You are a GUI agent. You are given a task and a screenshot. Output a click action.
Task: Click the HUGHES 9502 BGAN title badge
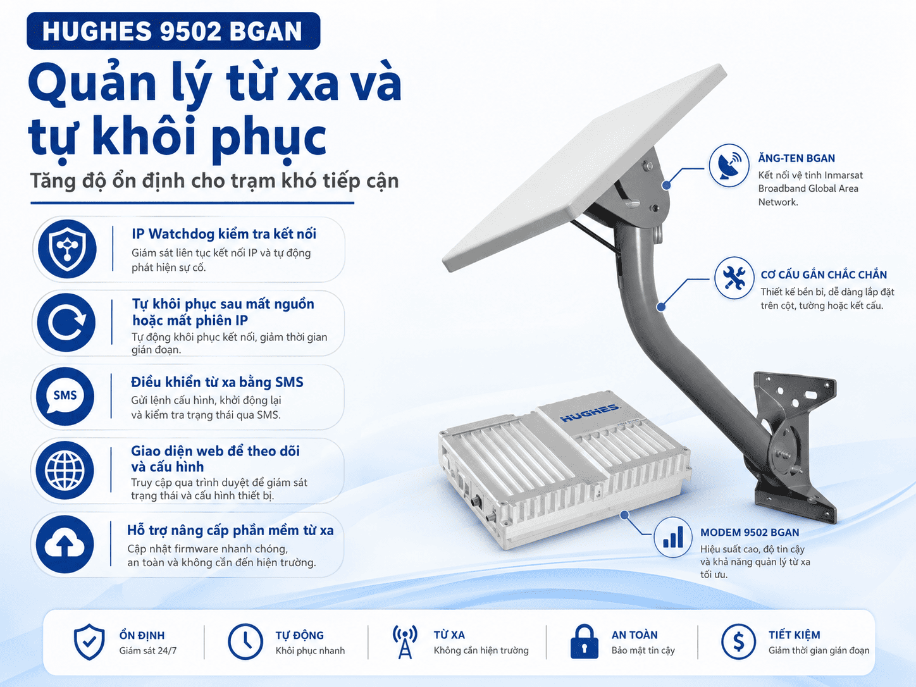tap(173, 31)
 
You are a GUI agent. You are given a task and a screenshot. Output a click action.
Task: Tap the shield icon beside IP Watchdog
tap(67, 249)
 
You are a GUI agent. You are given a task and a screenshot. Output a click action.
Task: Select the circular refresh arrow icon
tap(66, 323)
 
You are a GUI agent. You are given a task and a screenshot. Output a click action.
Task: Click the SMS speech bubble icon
tap(65, 396)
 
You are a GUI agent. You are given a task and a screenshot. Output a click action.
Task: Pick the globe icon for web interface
tap(65, 470)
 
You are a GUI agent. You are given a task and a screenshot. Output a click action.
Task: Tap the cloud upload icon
tap(65, 544)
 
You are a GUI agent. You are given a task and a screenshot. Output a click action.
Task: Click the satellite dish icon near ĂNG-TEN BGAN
tap(729, 166)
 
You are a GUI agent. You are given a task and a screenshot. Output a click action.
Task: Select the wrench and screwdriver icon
tap(734, 278)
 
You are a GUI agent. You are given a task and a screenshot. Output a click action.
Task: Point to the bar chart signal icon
tap(673, 537)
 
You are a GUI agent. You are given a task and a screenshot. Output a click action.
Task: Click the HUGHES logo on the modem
tap(589, 412)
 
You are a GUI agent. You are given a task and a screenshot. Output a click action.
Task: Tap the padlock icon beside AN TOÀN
tap(585, 641)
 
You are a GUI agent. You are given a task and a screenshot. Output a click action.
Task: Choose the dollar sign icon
tap(738, 641)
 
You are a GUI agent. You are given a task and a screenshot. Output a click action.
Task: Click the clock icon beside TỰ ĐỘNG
tap(245, 641)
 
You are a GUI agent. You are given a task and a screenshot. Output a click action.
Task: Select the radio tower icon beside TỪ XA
tap(405, 641)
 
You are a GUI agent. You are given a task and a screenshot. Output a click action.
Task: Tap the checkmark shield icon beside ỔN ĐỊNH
tap(89, 642)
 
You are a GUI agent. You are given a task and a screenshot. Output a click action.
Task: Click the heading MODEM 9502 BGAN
tap(750, 532)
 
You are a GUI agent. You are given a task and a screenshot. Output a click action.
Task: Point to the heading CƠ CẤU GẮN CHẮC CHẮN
tap(824, 275)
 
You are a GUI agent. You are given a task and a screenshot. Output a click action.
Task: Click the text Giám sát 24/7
tap(148, 650)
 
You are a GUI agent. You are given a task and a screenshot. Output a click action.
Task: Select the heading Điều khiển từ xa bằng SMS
tap(217, 382)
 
